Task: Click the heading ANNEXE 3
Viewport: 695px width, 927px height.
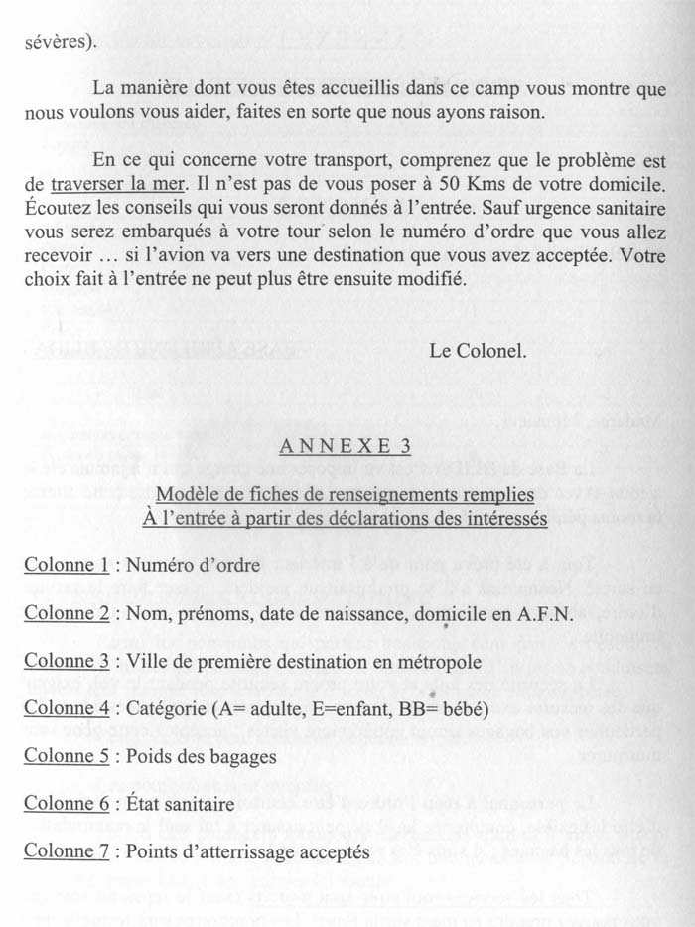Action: point(346,446)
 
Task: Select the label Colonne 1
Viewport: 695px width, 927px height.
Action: point(67,566)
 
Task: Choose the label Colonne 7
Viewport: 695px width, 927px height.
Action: point(67,851)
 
